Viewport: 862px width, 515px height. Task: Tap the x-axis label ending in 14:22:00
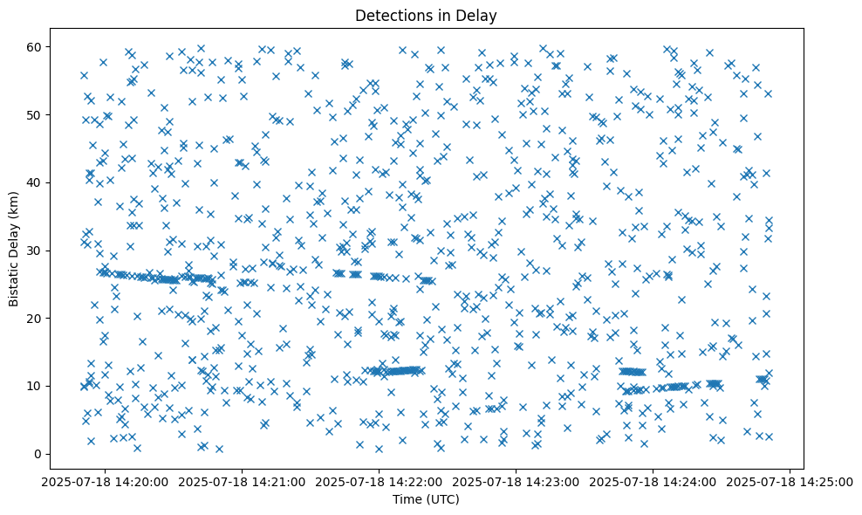380,481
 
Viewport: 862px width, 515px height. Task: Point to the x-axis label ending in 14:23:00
516,481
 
